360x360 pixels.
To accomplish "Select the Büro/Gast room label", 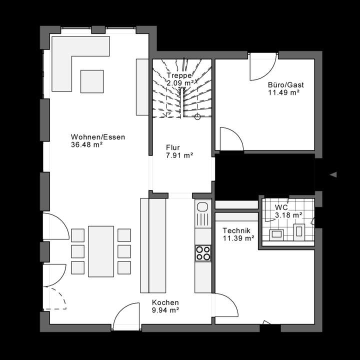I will coord(285,85).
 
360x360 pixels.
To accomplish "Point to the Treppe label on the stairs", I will coord(179,75).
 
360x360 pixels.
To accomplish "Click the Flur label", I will coord(172,148).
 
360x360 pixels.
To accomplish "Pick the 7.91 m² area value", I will coord(179,155).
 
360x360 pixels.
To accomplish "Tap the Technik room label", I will coord(236,231).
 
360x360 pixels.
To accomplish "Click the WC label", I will coord(280,207).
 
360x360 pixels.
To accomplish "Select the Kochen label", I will coord(165,302).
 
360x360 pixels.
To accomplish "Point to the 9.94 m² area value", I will coord(165,310).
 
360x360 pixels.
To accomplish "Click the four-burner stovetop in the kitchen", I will coord(203,252).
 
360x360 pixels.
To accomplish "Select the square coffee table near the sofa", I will coord(92,81).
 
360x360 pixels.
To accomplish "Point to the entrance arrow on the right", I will coord(333,174).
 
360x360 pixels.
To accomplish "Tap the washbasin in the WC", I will coord(276,233).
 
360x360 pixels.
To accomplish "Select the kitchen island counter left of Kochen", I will coord(153,245).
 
